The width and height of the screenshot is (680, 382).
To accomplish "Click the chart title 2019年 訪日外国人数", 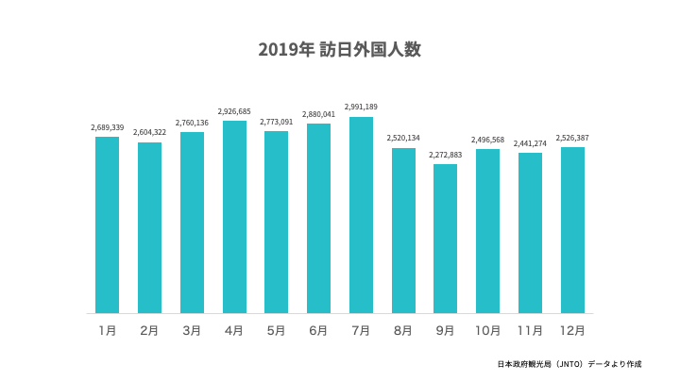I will coord(339,50).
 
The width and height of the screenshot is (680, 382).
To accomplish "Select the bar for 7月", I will coord(361,215).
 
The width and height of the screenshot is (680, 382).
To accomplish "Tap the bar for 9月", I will coord(445,239).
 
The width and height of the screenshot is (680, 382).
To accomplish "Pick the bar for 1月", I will coord(108,224).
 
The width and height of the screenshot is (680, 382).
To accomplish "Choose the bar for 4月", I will coord(234,217).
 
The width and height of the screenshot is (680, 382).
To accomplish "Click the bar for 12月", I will coord(572,230).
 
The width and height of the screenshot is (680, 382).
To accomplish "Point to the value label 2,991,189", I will coord(361,108).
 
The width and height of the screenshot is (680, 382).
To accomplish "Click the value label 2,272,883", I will coord(445,155).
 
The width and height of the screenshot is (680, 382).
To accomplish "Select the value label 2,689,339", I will coord(108,127).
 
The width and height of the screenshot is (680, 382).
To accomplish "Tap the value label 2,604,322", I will coord(149,133).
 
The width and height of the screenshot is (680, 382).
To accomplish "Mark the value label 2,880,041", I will coord(318,114).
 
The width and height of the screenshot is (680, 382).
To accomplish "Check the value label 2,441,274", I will coord(530,143).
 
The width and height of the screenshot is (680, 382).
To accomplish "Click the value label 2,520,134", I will coord(403,139).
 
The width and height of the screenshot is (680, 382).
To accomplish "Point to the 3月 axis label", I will coord(192,331).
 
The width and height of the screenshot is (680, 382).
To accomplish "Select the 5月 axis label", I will coord(276,331).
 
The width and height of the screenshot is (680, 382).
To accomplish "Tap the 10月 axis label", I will coord(487,331).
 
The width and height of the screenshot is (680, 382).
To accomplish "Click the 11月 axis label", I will coord(530,331).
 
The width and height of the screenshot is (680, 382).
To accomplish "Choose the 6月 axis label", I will coord(318,331).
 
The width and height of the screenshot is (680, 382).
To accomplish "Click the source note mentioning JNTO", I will coord(582,364).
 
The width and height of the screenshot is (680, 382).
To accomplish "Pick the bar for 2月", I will coord(149,227).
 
